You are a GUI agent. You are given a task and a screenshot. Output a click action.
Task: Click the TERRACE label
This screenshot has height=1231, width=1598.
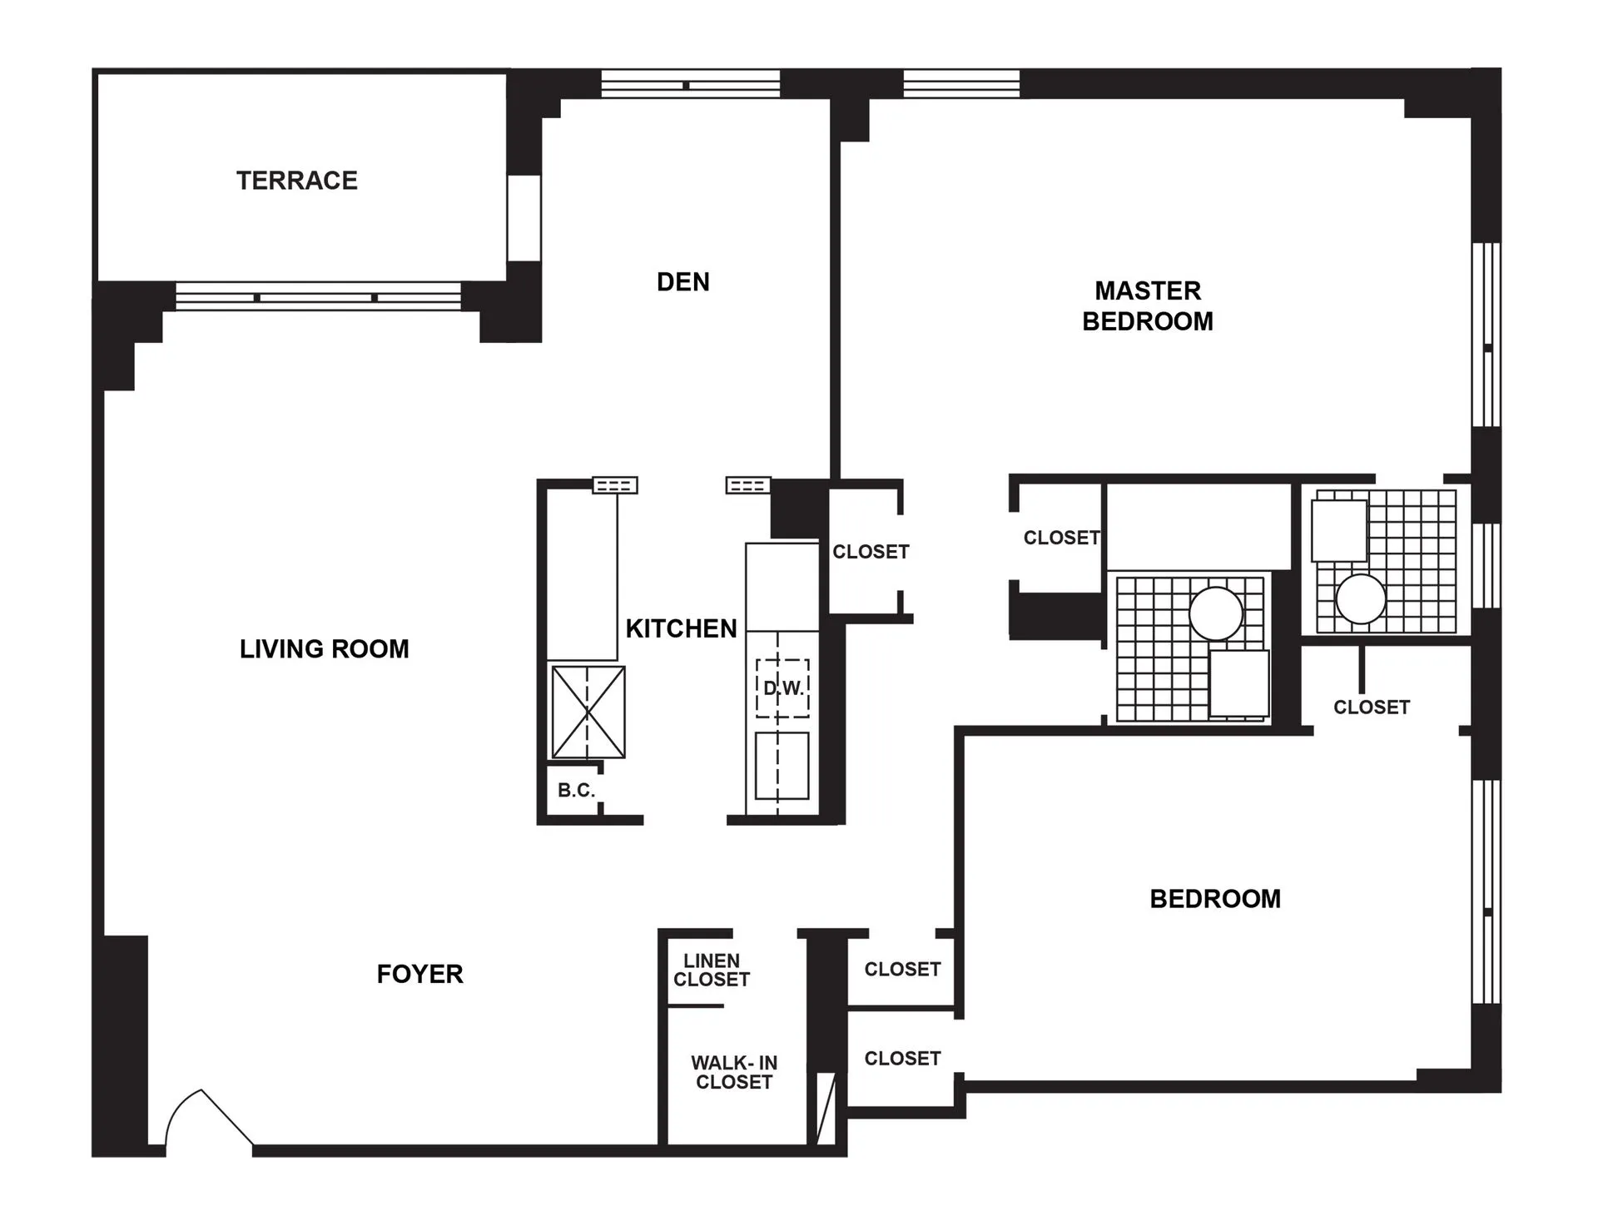pyautogui.click(x=296, y=181)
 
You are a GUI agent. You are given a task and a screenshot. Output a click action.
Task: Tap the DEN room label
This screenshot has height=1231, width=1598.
pyautogui.click(x=682, y=282)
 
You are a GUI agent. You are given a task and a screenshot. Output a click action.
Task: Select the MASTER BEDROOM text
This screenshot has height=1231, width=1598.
pyautogui.click(x=1147, y=305)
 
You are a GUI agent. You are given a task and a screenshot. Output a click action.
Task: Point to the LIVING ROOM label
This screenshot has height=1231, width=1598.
pyautogui.click(x=324, y=648)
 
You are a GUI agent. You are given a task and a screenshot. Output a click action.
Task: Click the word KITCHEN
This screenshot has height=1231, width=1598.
pyautogui.click(x=681, y=628)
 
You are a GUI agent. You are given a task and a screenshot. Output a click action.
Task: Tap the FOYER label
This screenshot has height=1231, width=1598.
pyautogui.click(x=419, y=974)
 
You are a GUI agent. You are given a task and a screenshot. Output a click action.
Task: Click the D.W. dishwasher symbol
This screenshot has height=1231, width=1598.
pyautogui.click(x=782, y=688)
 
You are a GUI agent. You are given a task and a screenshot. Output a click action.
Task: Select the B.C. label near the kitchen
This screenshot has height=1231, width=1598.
pyautogui.click(x=576, y=790)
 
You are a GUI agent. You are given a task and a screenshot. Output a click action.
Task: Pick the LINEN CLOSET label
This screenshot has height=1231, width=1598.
pyautogui.click(x=711, y=970)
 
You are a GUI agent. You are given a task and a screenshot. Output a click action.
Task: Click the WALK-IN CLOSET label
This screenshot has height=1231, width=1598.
pyautogui.click(x=733, y=1072)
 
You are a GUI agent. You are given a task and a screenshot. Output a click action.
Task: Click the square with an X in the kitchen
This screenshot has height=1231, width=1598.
pyautogui.click(x=588, y=712)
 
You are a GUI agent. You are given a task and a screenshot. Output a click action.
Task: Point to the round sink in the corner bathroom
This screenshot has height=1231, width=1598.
pyautogui.click(x=1360, y=598)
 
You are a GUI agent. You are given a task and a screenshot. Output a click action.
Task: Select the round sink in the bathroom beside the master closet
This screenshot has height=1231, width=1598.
pyautogui.click(x=1215, y=613)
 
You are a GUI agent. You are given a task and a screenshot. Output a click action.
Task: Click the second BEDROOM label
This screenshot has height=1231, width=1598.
pyautogui.click(x=1214, y=899)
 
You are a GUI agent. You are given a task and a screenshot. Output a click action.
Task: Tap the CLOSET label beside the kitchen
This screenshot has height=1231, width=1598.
pyautogui.click(x=871, y=552)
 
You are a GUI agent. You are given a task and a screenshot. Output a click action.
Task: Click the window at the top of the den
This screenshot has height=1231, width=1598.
pyautogui.click(x=690, y=84)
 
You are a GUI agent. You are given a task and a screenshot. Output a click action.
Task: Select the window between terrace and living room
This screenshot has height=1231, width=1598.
pyautogui.click(x=317, y=297)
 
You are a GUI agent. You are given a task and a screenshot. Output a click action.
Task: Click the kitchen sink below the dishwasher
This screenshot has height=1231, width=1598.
pyautogui.click(x=782, y=766)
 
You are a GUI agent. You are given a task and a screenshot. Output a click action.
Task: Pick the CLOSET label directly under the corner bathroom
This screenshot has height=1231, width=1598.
pyautogui.click(x=1371, y=707)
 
